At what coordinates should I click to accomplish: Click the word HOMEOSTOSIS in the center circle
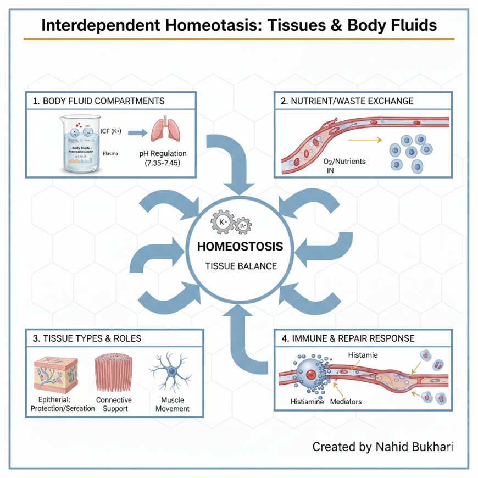pos(240,247)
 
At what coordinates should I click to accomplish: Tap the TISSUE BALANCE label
pos(241,266)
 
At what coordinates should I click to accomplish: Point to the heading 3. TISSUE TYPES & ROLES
pos(87,338)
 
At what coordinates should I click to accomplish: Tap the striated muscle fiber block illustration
pos(113,372)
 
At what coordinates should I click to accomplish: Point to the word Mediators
pos(346,402)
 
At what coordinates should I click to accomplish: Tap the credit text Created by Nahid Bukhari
pos(382,447)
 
